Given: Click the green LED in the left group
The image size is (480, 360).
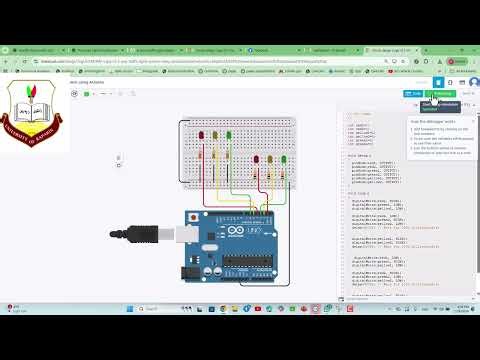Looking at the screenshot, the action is point(228,134).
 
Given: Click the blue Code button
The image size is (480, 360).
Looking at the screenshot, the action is point(413,94).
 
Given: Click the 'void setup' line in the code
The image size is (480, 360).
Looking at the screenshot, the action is point(358,156).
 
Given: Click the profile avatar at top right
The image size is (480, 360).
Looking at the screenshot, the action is point(473,82).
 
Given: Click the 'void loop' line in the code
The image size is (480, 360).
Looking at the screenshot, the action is point(357,191).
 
